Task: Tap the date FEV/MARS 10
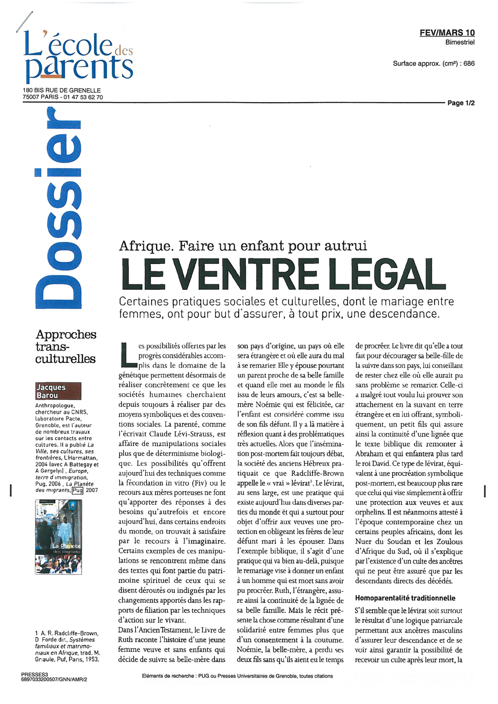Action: tap(447, 33)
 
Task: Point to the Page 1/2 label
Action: tap(461, 103)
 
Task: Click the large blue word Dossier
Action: tap(57, 209)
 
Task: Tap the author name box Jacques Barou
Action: tap(58, 391)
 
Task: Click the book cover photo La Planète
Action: tap(59, 537)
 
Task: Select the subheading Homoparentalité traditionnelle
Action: tap(405, 598)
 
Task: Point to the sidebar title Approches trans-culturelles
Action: tap(66, 347)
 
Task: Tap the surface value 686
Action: tap(469, 64)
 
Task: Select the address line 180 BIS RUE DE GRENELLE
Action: tap(62, 90)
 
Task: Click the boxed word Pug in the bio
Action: tap(77, 490)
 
